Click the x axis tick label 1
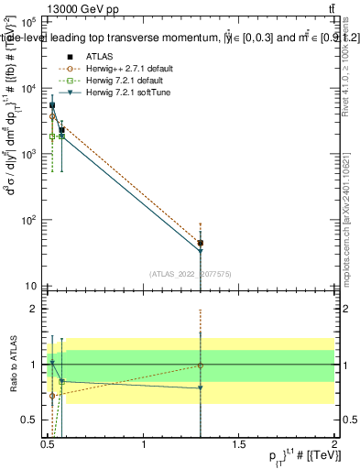tap(144, 445)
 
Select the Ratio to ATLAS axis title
tap(14, 365)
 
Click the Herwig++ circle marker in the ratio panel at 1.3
tap(201, 365)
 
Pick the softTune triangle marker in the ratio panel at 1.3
tap(201, 387)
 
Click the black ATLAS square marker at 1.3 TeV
tap(201, 244)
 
